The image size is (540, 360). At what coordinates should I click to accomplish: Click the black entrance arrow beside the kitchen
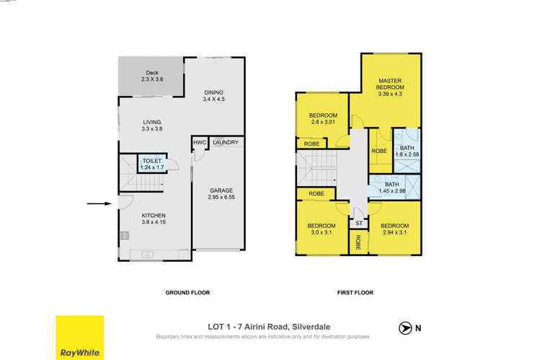97,204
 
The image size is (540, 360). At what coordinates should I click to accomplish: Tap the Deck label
151,73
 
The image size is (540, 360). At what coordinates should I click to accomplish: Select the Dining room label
213,92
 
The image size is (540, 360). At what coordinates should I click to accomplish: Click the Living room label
151,123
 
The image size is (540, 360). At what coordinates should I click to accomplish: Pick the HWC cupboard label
200,143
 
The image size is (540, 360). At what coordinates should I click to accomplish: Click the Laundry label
226,143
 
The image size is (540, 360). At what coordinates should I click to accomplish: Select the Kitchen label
154,216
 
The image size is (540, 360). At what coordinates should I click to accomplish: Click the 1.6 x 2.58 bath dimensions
406,155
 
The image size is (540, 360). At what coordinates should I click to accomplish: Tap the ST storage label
358,224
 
